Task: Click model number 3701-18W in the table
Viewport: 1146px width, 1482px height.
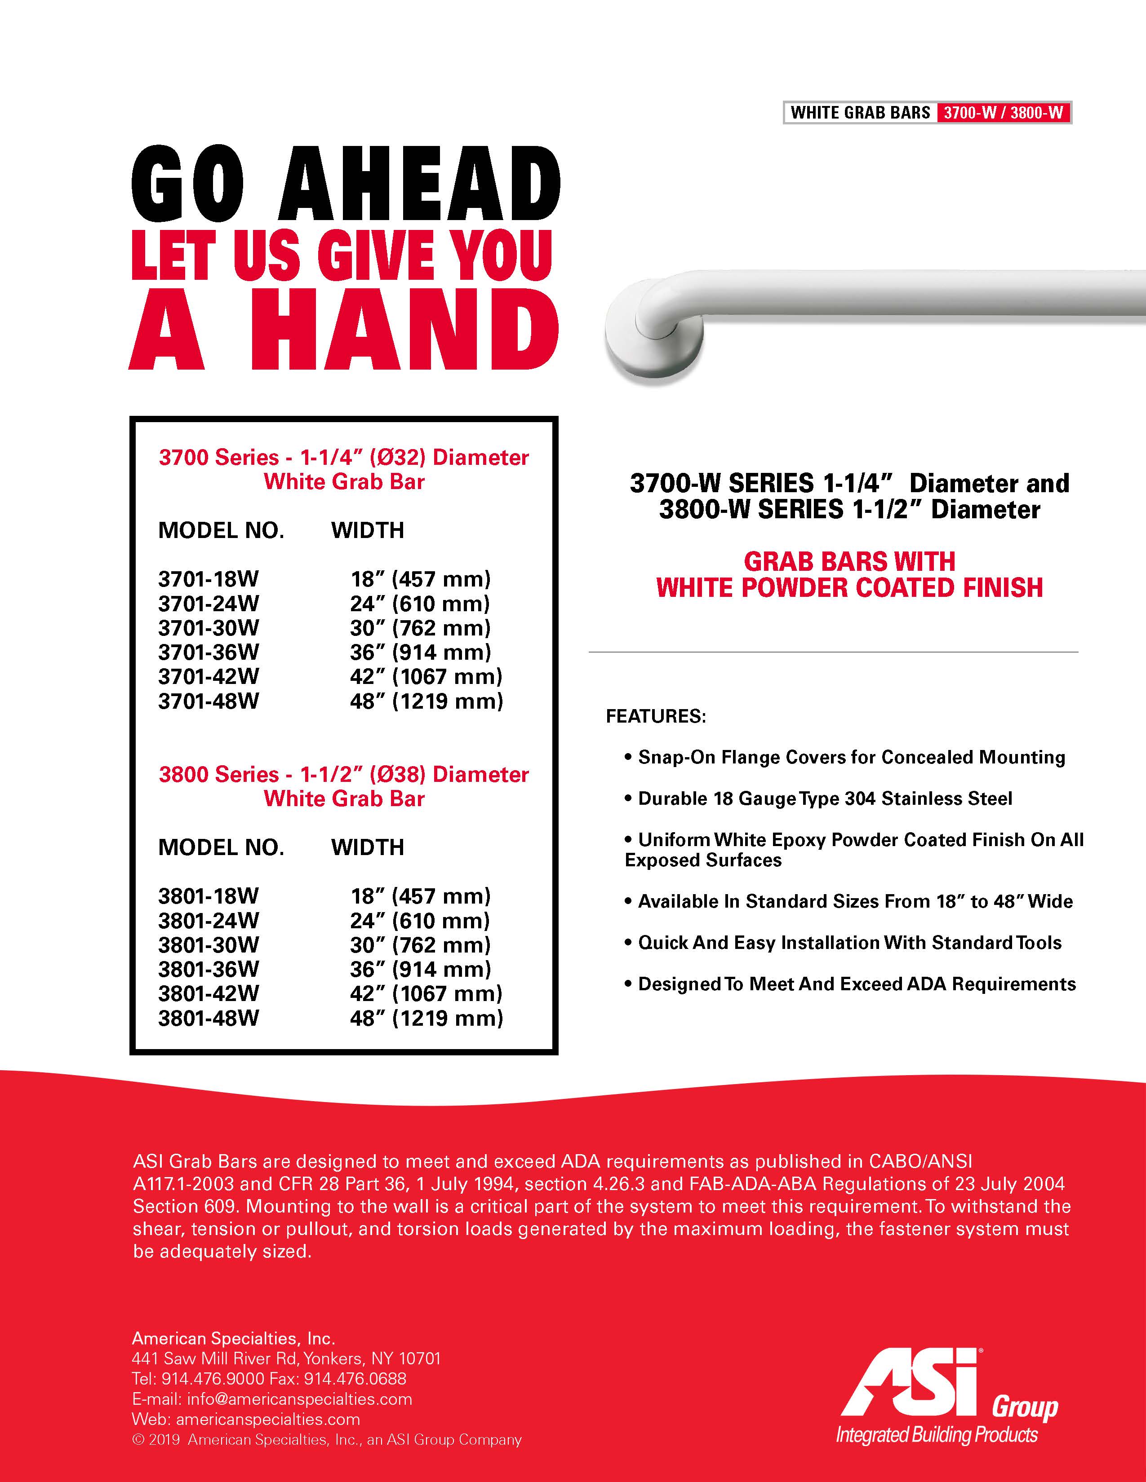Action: [x=209, y=579]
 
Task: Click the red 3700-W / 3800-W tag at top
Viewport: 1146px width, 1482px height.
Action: [x=1003, y=113]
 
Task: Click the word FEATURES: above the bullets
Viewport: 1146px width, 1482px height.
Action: [x=656, y=717]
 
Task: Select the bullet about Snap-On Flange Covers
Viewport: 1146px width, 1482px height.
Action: [x=851, y=757]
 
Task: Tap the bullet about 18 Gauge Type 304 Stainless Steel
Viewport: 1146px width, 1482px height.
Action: [x=825, y=798]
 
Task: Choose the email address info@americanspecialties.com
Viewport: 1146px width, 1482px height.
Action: [x=299, y=1399]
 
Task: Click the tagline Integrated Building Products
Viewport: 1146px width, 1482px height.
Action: [x=937, y=1434]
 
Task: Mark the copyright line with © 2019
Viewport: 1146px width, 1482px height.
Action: [x=327, y=1440]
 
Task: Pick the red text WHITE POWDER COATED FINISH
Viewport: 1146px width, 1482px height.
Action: [x=849, y=588]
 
